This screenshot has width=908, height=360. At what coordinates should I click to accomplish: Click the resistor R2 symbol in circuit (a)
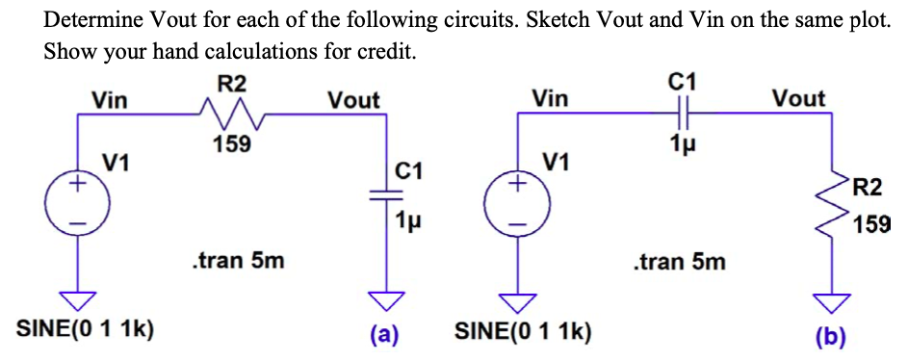pyautogui.click(x=232, y=117)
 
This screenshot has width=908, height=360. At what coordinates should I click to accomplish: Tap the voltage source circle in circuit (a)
pyautogui.click(x=80, y=204)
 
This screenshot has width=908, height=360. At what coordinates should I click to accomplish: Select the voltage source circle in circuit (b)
pyautogui.click(x=520, y=204)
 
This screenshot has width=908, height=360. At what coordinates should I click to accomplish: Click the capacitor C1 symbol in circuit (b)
pyautogui.click(x=681, y=115)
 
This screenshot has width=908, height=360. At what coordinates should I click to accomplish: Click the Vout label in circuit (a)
pyautogui.click(x=353, y=100)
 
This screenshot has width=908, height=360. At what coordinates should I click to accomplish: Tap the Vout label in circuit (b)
pyautogui.click(x=798, y=98)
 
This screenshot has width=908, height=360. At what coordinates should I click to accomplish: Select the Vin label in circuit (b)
pyautogui.click(x=550, y=98)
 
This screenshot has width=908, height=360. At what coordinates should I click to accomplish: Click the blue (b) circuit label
pyautogui.click(x=828, y=337)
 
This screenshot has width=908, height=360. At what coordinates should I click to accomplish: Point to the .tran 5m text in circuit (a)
pyautogui.click(x=238, y=260)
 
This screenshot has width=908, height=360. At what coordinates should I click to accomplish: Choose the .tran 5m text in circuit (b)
pyautogui.click(x=680, y=261)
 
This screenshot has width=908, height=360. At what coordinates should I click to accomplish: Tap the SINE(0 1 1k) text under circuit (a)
pyautogui.click(x=88, y=330)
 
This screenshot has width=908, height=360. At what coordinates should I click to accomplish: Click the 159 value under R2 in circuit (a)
pyautogui.click(x=231, y=145)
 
